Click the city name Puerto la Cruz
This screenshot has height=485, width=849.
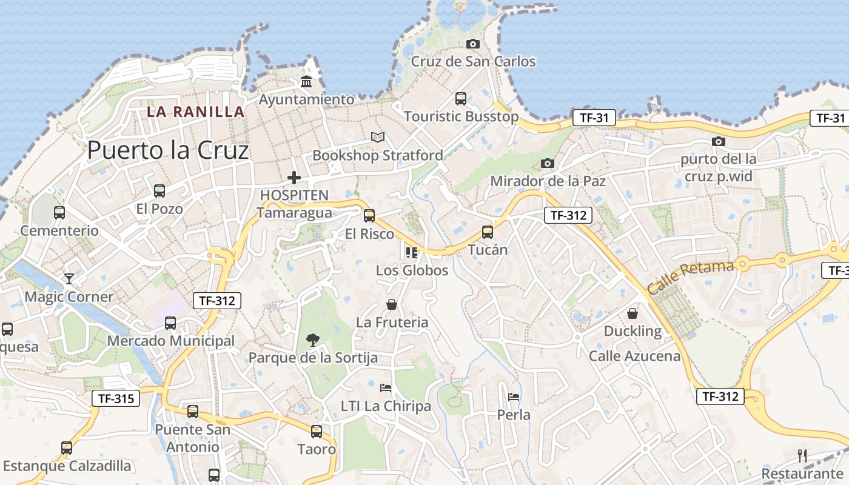tap(168, 150)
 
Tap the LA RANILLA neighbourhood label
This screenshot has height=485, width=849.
tap(196, 112)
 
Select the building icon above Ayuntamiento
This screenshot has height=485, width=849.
tap(306, 82)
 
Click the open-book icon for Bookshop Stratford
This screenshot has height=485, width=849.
tap(378, 138)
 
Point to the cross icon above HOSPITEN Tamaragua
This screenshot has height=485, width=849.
tap(294, 178)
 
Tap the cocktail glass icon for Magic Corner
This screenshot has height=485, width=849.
tap(69, 279)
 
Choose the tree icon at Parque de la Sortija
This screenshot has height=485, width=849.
tap(313, 339)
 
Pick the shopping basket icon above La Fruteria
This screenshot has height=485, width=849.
tap(392, 304)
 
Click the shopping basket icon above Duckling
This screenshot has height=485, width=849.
tap(633, 313)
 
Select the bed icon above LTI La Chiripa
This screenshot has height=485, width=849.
tap(386, 388)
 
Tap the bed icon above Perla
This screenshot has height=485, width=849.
tap(514, 397)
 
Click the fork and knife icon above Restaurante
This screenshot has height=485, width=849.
tap(802, 455)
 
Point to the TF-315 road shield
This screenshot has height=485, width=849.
tap(116, 398)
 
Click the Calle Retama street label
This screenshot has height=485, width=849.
tap(690, 276)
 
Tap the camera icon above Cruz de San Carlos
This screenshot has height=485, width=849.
tap(473, 44)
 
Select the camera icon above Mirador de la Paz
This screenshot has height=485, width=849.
tap(548, 163)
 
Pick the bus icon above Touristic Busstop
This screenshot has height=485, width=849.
tap(461, 98)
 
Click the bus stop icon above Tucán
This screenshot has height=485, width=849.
tap(488, 232)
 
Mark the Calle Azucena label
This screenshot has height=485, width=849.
tap(635, 356)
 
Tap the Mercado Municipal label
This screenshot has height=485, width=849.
tap(170, 341)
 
